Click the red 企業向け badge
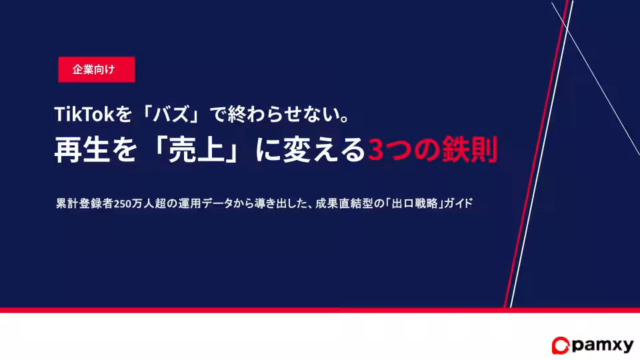(x=97, y=70)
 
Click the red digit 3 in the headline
(x=376, y=151)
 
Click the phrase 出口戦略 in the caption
(x=417, y=204)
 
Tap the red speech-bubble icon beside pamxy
(x=559, y=345)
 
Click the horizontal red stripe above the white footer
(x=267, y=310)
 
